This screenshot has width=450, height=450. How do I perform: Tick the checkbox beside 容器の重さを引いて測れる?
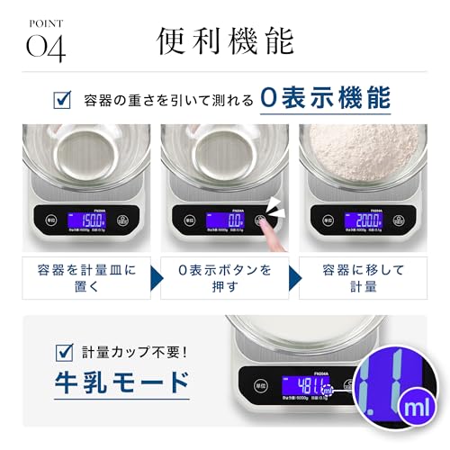coord(64,99)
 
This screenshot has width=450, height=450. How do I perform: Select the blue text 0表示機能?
coord(324,98)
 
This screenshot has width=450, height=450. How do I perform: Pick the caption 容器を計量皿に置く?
coord(85,278)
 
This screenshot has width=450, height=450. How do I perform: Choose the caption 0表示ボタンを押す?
coord(225,278)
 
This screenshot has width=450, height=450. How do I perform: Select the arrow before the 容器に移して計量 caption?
coord(295,278)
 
